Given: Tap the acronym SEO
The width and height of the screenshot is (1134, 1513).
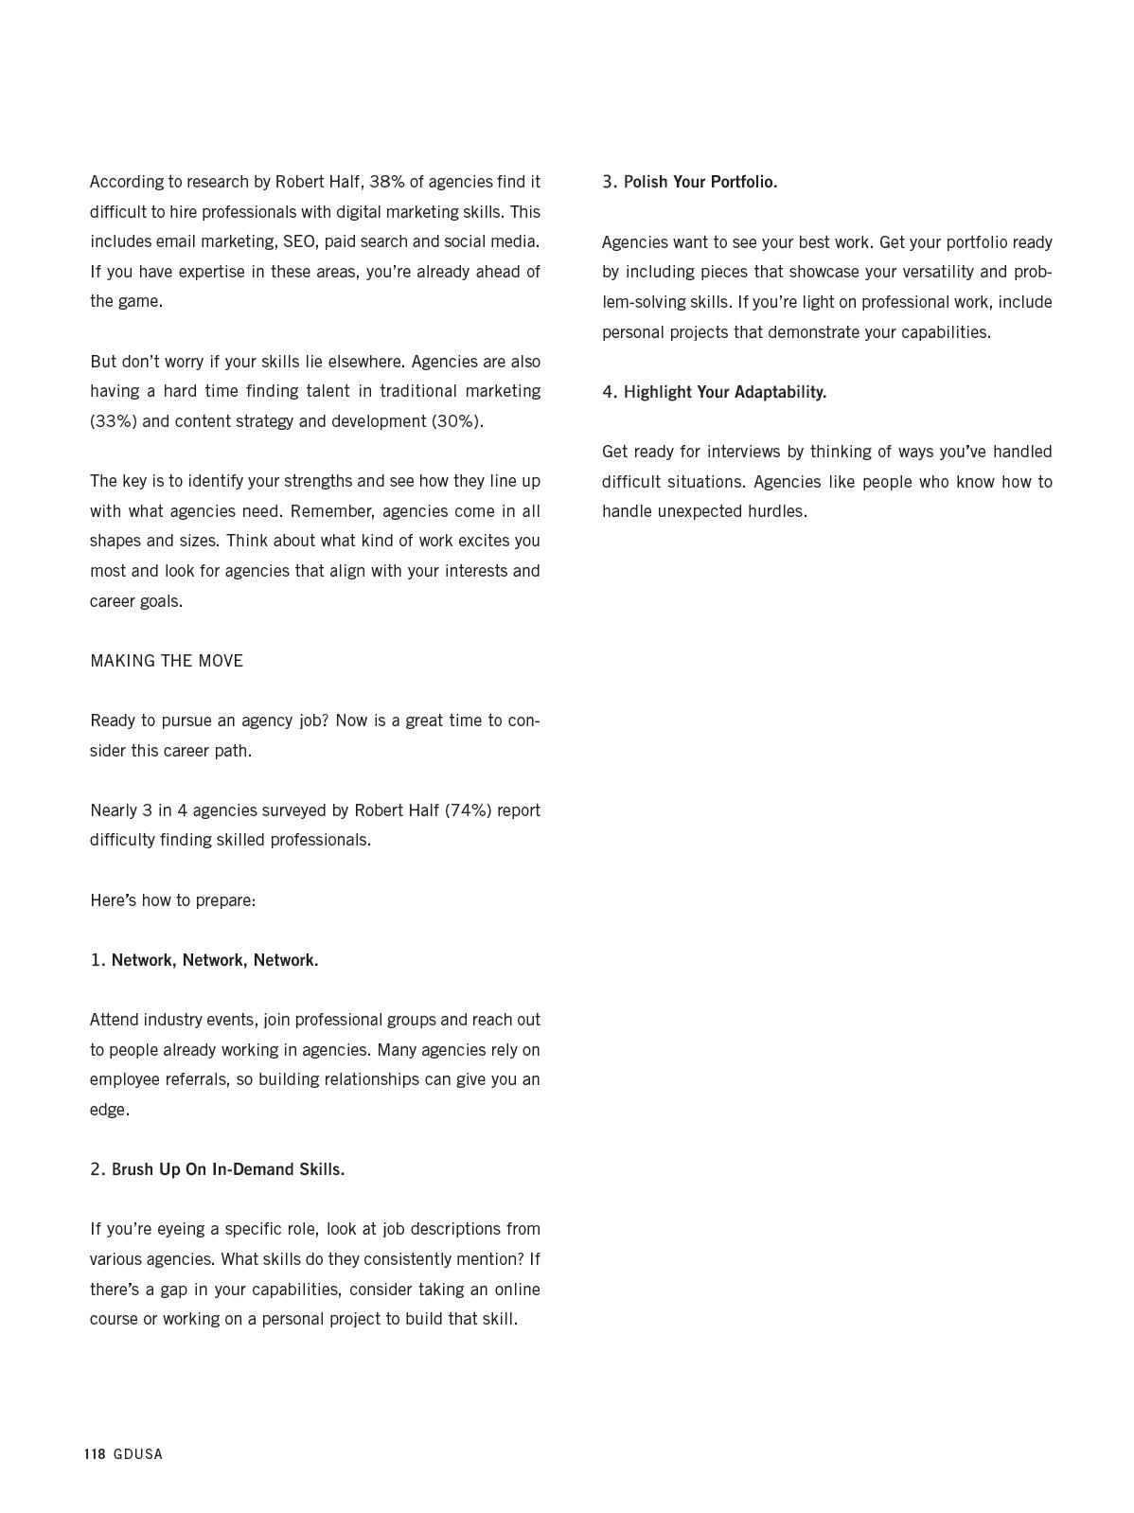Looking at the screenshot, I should tap(299, 241).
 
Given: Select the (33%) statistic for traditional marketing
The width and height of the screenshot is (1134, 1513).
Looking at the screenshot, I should tap(114, 421).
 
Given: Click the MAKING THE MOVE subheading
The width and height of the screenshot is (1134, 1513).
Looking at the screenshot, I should tap(167, 661).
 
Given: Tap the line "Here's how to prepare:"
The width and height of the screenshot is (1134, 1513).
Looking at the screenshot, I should tap(173, 900).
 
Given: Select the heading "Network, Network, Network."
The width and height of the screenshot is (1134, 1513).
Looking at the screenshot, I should tap(215, 960).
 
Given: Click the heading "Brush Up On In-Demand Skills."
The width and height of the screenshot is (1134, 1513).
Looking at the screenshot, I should tap(228, 1169).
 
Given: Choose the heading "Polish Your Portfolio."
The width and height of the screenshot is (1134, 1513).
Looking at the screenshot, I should tap(700, 182).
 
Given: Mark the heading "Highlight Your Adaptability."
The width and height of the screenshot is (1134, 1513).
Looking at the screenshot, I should tap(725, 392).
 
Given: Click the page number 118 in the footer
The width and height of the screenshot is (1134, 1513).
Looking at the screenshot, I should tap(95, 1454).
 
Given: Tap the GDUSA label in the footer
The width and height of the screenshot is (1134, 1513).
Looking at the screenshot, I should tap(138, 1454).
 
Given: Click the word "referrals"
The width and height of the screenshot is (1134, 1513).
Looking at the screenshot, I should tap(194, 1079).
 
